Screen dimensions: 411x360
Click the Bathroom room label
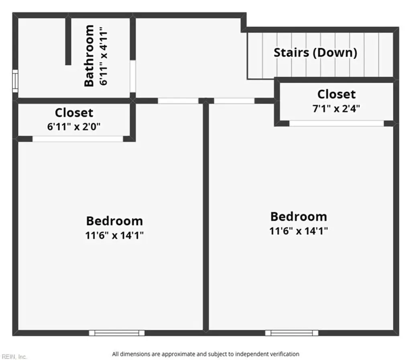[89, 55]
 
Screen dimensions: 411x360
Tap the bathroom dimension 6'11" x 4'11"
[104, 56]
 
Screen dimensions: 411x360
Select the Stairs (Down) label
[315, 53]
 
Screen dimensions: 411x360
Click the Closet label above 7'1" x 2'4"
[336, 94]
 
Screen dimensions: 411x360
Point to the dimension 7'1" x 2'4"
[336, 108]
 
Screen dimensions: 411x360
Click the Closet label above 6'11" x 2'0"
[74, 113]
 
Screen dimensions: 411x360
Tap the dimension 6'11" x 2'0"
[74, 127]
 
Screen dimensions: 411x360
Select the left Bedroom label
[114, 221]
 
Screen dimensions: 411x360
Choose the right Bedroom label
[299, 217]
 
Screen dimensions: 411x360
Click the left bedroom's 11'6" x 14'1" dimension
[114, 235]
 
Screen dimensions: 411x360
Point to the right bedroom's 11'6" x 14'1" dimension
[299, 231]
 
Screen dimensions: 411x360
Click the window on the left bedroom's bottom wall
[117, 333]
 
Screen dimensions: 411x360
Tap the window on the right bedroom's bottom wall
[292, 333]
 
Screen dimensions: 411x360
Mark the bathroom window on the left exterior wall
[15, 81]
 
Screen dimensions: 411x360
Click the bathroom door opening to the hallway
[133, 76]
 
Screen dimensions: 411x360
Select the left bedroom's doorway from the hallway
[178, 101]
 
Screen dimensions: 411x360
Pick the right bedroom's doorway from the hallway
[234, 101]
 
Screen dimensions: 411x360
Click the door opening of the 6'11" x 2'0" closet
[77, 139]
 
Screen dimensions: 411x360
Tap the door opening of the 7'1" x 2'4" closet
[337, 124]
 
